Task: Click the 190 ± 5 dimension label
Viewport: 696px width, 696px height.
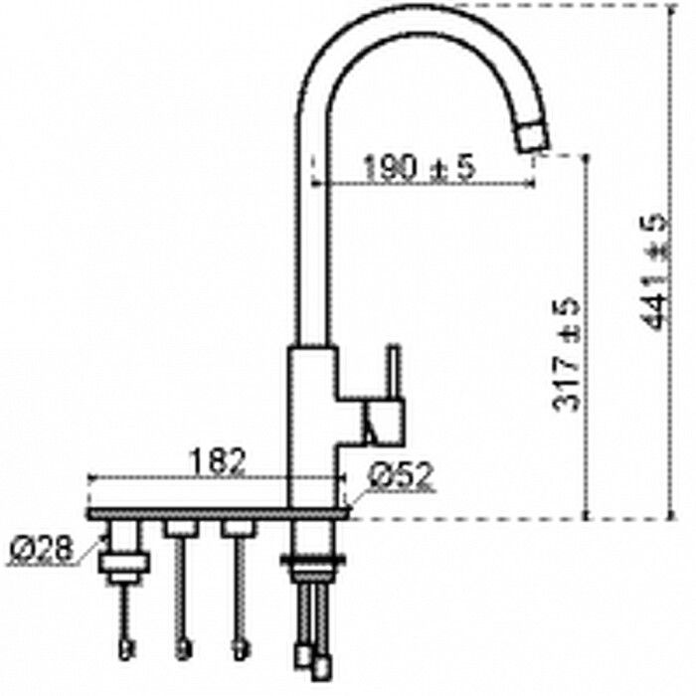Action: (x=418, y=168)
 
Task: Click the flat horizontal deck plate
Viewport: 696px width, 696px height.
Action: (x=219, y=513)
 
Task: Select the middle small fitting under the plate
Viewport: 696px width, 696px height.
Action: (x=180, y=529)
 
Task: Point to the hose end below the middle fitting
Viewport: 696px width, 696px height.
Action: (x=181, y=651)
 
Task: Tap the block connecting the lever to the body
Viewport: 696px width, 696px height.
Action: (x=382, y=422)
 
